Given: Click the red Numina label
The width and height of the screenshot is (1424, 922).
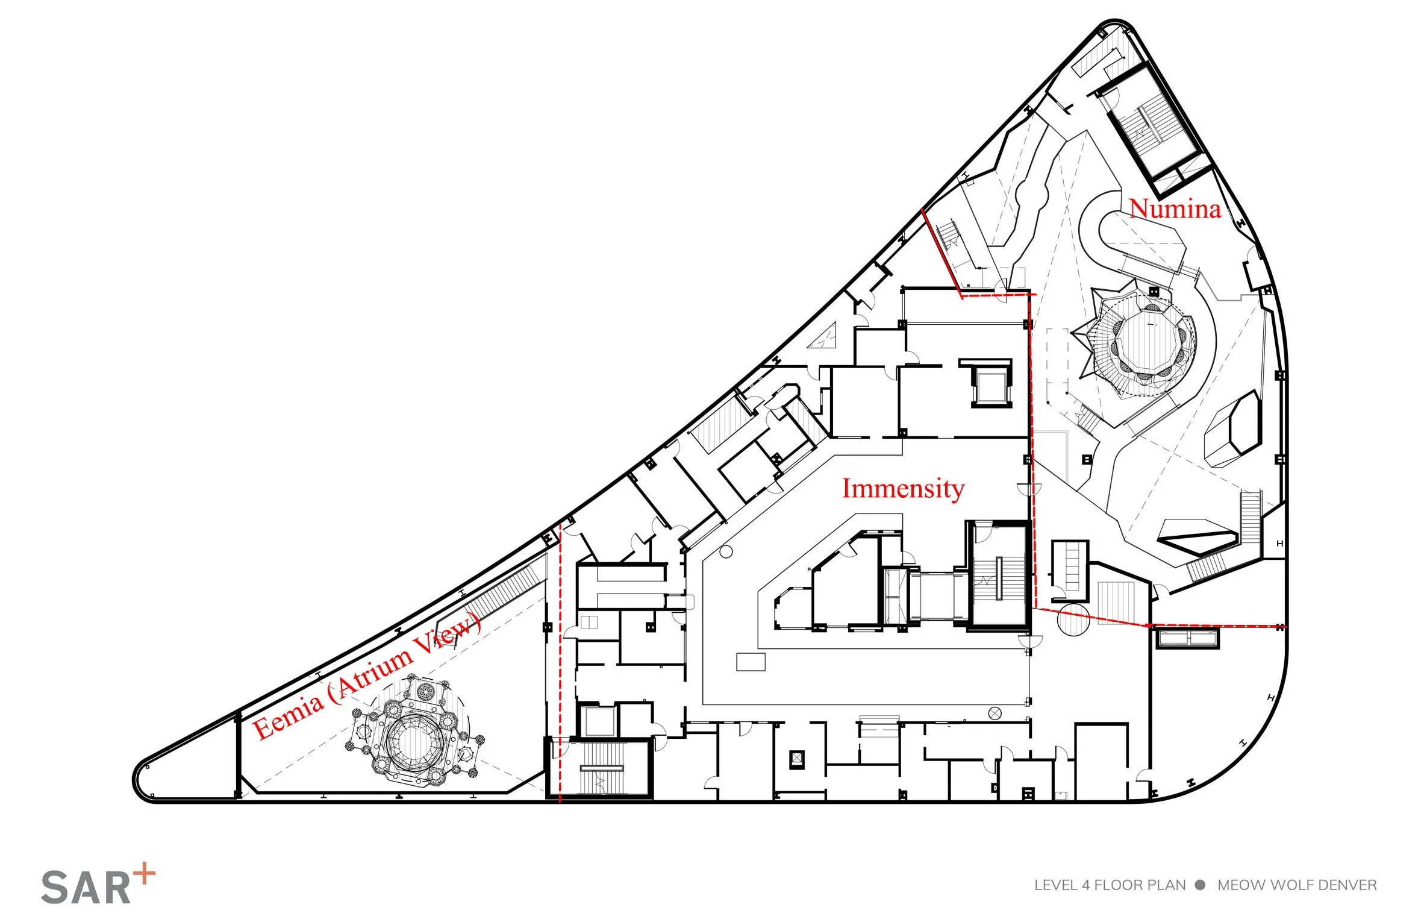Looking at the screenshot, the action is click(1175, 209).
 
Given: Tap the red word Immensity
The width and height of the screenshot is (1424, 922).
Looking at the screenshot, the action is click(903, 489).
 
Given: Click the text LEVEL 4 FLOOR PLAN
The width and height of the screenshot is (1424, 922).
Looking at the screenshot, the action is click(1110, 885).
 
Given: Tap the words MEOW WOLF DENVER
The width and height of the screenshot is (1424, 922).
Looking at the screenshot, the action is click(1297, 885).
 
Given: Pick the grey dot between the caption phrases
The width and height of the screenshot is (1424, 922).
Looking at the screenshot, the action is click(1201, 885).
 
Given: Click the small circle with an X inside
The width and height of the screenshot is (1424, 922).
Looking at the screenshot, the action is click(994, 713).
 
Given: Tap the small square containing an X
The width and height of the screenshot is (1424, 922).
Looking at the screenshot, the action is click(797, 759).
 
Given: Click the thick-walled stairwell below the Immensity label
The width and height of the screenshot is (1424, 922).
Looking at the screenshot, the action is click(998, 577).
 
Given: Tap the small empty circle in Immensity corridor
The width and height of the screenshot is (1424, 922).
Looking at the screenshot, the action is click(726, 551).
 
